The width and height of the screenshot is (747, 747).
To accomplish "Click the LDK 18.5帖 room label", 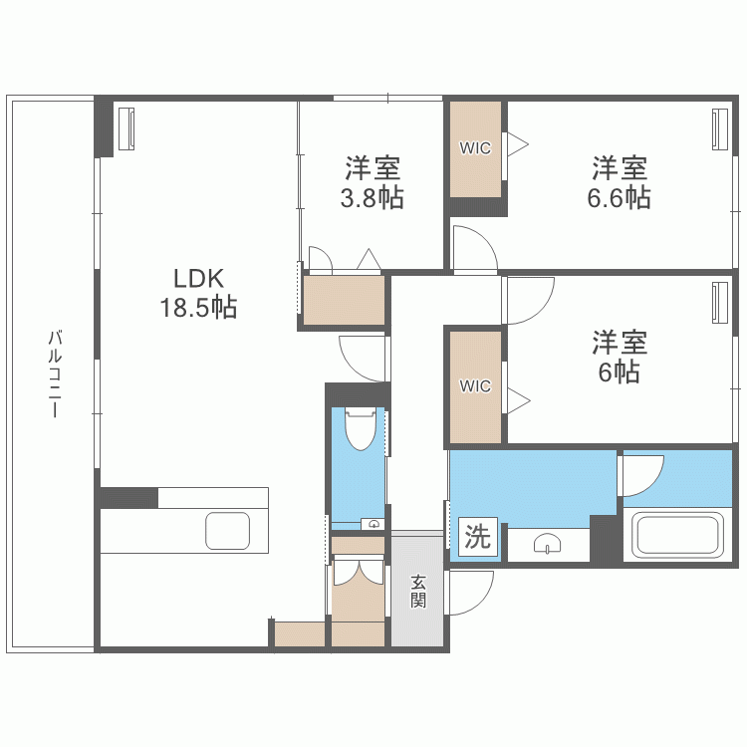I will pyautogui.click(x=198, y=293).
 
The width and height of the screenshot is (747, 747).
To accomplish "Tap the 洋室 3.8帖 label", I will pyautogui.click(x=373, y=182).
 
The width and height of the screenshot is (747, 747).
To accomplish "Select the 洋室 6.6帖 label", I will pyautogui.click(x=619, y=182).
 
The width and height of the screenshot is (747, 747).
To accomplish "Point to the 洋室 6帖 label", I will pyautogui.click(x=619, y=358).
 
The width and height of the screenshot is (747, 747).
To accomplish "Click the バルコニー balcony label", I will pyautogui.click(x=55, y=373).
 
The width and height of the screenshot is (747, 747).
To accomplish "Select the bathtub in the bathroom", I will pyautogui.click(x=678, y=536).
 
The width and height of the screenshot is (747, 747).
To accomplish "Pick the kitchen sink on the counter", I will pyautogui.click(x=229, y=531).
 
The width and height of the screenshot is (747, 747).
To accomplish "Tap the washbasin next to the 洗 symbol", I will pyautogui.click(x=549, y=543).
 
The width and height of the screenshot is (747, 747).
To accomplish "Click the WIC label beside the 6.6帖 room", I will pyautogui.click(x=475, y=147).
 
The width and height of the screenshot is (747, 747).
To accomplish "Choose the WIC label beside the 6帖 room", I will pyautogui.click(x=475, y=386).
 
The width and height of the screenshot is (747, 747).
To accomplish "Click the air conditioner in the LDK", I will pyautogui.click(x=126, y=129).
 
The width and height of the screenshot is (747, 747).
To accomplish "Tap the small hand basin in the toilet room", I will pyautogui.click(x=373, y=522).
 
